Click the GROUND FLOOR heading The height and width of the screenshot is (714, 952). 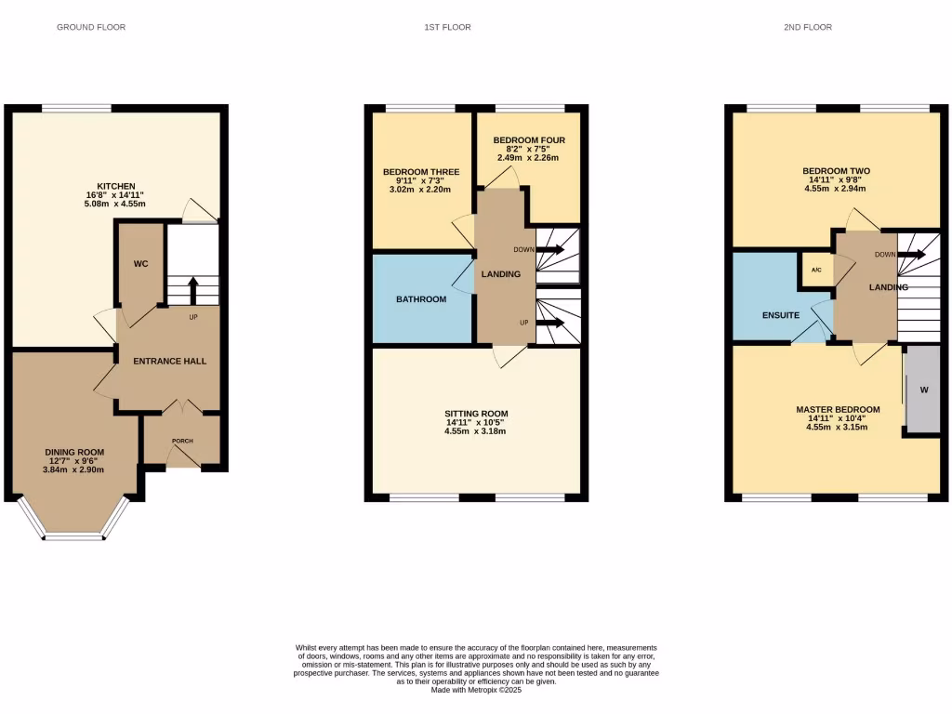tap(91, 27)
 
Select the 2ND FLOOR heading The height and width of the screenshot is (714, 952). tap(807, 27)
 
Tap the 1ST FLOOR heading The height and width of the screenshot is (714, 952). tap(447, 27)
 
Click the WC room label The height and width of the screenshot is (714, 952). tap(140, 264)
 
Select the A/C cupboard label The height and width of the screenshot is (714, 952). tap(816, 271)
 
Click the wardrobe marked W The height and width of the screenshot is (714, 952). tap(923, 390)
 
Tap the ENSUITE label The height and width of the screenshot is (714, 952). tap(781, 315)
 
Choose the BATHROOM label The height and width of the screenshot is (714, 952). tap(421, 299)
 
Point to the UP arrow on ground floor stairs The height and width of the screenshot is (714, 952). tap(192, 290)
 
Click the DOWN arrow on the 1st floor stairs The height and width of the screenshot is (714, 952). tap(552, 249)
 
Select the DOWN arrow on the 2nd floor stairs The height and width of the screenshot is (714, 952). tap(914, 254)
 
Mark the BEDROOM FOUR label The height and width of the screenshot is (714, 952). tap(529, 140)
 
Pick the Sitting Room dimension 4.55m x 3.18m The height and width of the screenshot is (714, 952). tap(476, 431)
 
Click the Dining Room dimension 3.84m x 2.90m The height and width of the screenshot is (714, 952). tap(75, 469)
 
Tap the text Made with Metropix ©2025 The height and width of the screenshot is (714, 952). tap(476, 690)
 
